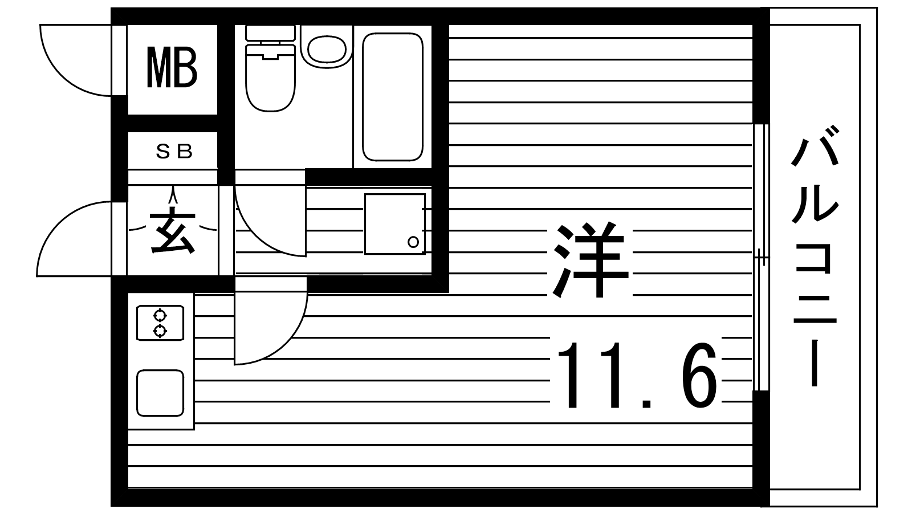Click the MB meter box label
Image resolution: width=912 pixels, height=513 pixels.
point(172,68)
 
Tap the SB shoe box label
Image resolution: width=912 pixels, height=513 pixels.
point(174,152)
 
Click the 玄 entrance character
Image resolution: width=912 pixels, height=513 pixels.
point(172,231)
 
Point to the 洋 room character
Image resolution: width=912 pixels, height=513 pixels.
point(591,260)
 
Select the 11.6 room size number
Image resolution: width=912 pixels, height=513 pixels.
point(636,376)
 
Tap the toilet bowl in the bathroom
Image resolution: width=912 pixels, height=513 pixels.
point(270,78)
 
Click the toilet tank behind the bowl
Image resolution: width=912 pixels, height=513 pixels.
point(270,32)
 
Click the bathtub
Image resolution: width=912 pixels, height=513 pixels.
point(393,97)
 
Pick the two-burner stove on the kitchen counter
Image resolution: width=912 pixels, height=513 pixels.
point(160,323)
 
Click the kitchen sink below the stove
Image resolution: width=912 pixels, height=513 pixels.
point(160,393)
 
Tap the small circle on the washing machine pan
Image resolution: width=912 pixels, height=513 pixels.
point(413,242)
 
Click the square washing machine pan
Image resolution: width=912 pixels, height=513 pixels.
point(395,224)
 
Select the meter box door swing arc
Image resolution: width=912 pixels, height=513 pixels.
point(61,78)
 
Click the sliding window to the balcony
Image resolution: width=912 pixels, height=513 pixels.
point(760,257)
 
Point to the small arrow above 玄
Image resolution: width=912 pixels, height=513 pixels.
point(173,196)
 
